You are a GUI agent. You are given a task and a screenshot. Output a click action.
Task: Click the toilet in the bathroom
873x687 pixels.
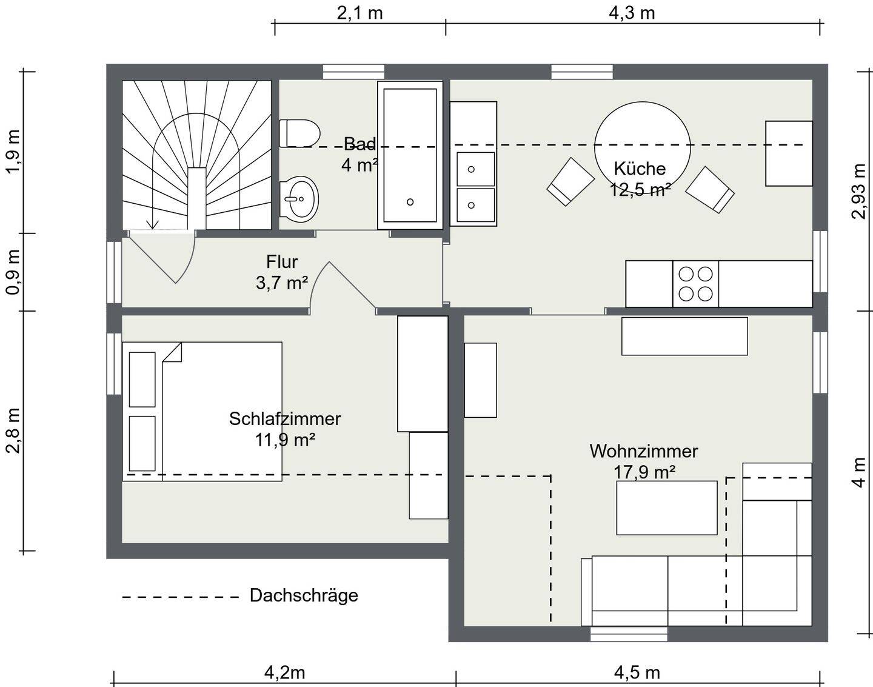coord(299,133)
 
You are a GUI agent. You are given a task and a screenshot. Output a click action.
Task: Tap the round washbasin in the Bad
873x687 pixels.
coord(300,198)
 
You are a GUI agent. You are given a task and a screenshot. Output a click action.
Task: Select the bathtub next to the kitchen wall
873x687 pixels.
coord(410,155)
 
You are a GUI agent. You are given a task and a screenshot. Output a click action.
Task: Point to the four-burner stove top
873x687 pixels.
coord(695,284)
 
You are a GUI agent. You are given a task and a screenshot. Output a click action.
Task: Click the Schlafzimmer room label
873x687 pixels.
coord(285,418)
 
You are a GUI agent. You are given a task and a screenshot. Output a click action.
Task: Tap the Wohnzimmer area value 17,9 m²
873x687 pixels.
coord(644,472)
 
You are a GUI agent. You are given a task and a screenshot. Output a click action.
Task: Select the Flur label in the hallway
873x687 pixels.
coord(282,262)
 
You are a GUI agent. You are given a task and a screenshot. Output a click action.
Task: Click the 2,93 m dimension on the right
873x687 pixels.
coord(858,191)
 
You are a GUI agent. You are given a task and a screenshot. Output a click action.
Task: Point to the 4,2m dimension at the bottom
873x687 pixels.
coord(284,672)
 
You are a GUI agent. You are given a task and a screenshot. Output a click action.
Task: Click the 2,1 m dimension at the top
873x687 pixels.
coord(360,13)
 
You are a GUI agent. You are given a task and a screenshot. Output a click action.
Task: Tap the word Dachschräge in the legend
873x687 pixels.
coord(304,595)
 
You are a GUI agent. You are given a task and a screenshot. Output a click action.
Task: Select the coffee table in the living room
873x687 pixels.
coord(666,508)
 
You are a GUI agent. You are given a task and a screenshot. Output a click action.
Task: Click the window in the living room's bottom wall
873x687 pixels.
coord(629,634)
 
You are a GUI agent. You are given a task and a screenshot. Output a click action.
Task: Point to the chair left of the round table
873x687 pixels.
coord(570,181)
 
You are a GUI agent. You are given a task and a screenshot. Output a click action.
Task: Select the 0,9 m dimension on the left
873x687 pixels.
coord(13,272)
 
